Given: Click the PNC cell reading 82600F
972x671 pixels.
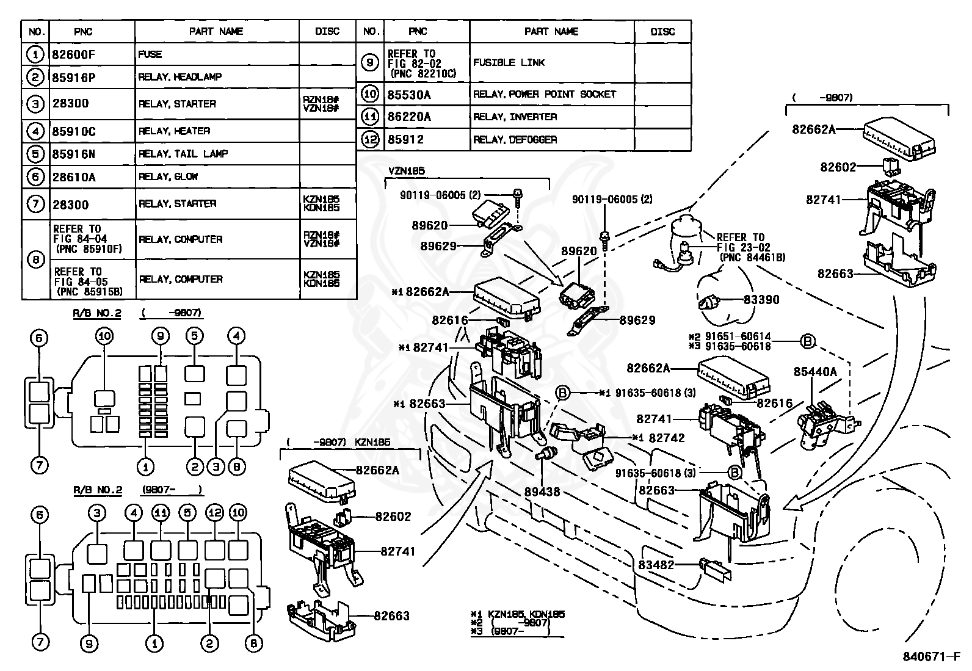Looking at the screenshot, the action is [x=73, y=55].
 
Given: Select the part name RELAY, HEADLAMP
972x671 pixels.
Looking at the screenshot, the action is [x=180, y=78].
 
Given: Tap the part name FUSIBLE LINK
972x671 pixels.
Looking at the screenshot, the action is [x=509, y=62].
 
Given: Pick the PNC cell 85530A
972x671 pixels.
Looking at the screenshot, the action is [x=408, y=95].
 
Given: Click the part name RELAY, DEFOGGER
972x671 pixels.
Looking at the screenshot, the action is [x=515, y=140].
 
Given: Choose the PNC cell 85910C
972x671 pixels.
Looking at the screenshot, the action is [x=74, y=131].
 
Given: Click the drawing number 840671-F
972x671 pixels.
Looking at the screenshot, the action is [x=932, y=656].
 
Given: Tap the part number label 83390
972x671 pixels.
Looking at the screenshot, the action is [x=761, y=299].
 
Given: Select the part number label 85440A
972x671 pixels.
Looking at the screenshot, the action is [x=815, y=372].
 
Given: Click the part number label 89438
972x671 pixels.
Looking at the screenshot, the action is [x=542, y=491].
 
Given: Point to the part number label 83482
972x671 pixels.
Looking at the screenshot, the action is [x=656, y=565].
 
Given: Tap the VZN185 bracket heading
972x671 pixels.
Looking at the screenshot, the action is [x=407, y=171].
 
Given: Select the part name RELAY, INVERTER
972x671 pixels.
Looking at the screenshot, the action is [x=515, y=117].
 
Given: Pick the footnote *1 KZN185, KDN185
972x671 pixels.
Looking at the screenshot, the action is [x=518, y=614].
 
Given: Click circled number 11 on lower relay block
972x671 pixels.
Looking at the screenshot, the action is [x=161, y=513].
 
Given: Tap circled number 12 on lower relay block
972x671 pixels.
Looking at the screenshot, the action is [x=214, y=513].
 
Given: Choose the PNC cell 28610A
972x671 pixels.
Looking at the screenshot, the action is [x=74, y=177].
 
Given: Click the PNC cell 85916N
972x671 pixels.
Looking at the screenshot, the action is [x=73, y=154].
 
